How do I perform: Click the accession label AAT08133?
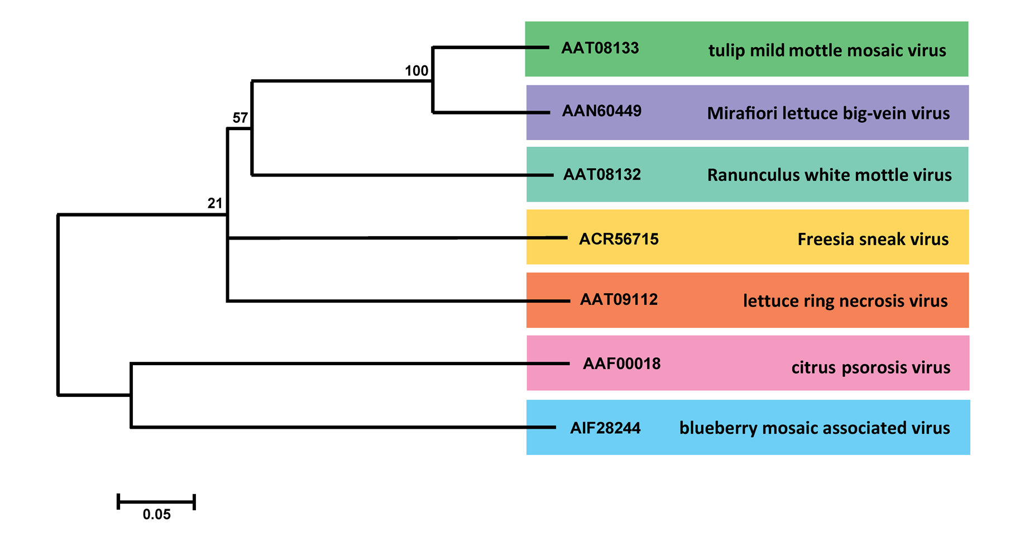click(x=600, y=49)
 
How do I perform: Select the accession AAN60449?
click(x=601, y=111)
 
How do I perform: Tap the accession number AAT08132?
click(x=601, y=175)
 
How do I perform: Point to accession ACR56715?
click(x=619, y=239)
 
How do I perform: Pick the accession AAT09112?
click(x=619, y=300)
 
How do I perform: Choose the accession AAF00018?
click(x=621, y=364)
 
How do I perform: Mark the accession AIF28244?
click(x=605, y=428)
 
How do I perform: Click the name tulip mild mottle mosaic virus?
click(x=827, y=51)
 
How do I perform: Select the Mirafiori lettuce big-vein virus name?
click(x=828, y=113)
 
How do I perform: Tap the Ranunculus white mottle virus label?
click(x=829, y=175)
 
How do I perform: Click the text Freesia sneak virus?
click(x=873, y=240)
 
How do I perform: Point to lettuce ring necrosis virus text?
click(x=845, y=301)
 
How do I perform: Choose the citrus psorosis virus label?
click(x=870, y=367)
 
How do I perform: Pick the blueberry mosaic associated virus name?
click(x=814, y=428)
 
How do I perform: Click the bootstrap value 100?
click(x=417, y=71)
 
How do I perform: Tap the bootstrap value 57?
click(x=240, y=118)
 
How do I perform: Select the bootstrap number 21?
click(x=215, y=203)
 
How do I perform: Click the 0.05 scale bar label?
click(x=156, y=514)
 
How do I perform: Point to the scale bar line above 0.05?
click(x=156, y=501)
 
